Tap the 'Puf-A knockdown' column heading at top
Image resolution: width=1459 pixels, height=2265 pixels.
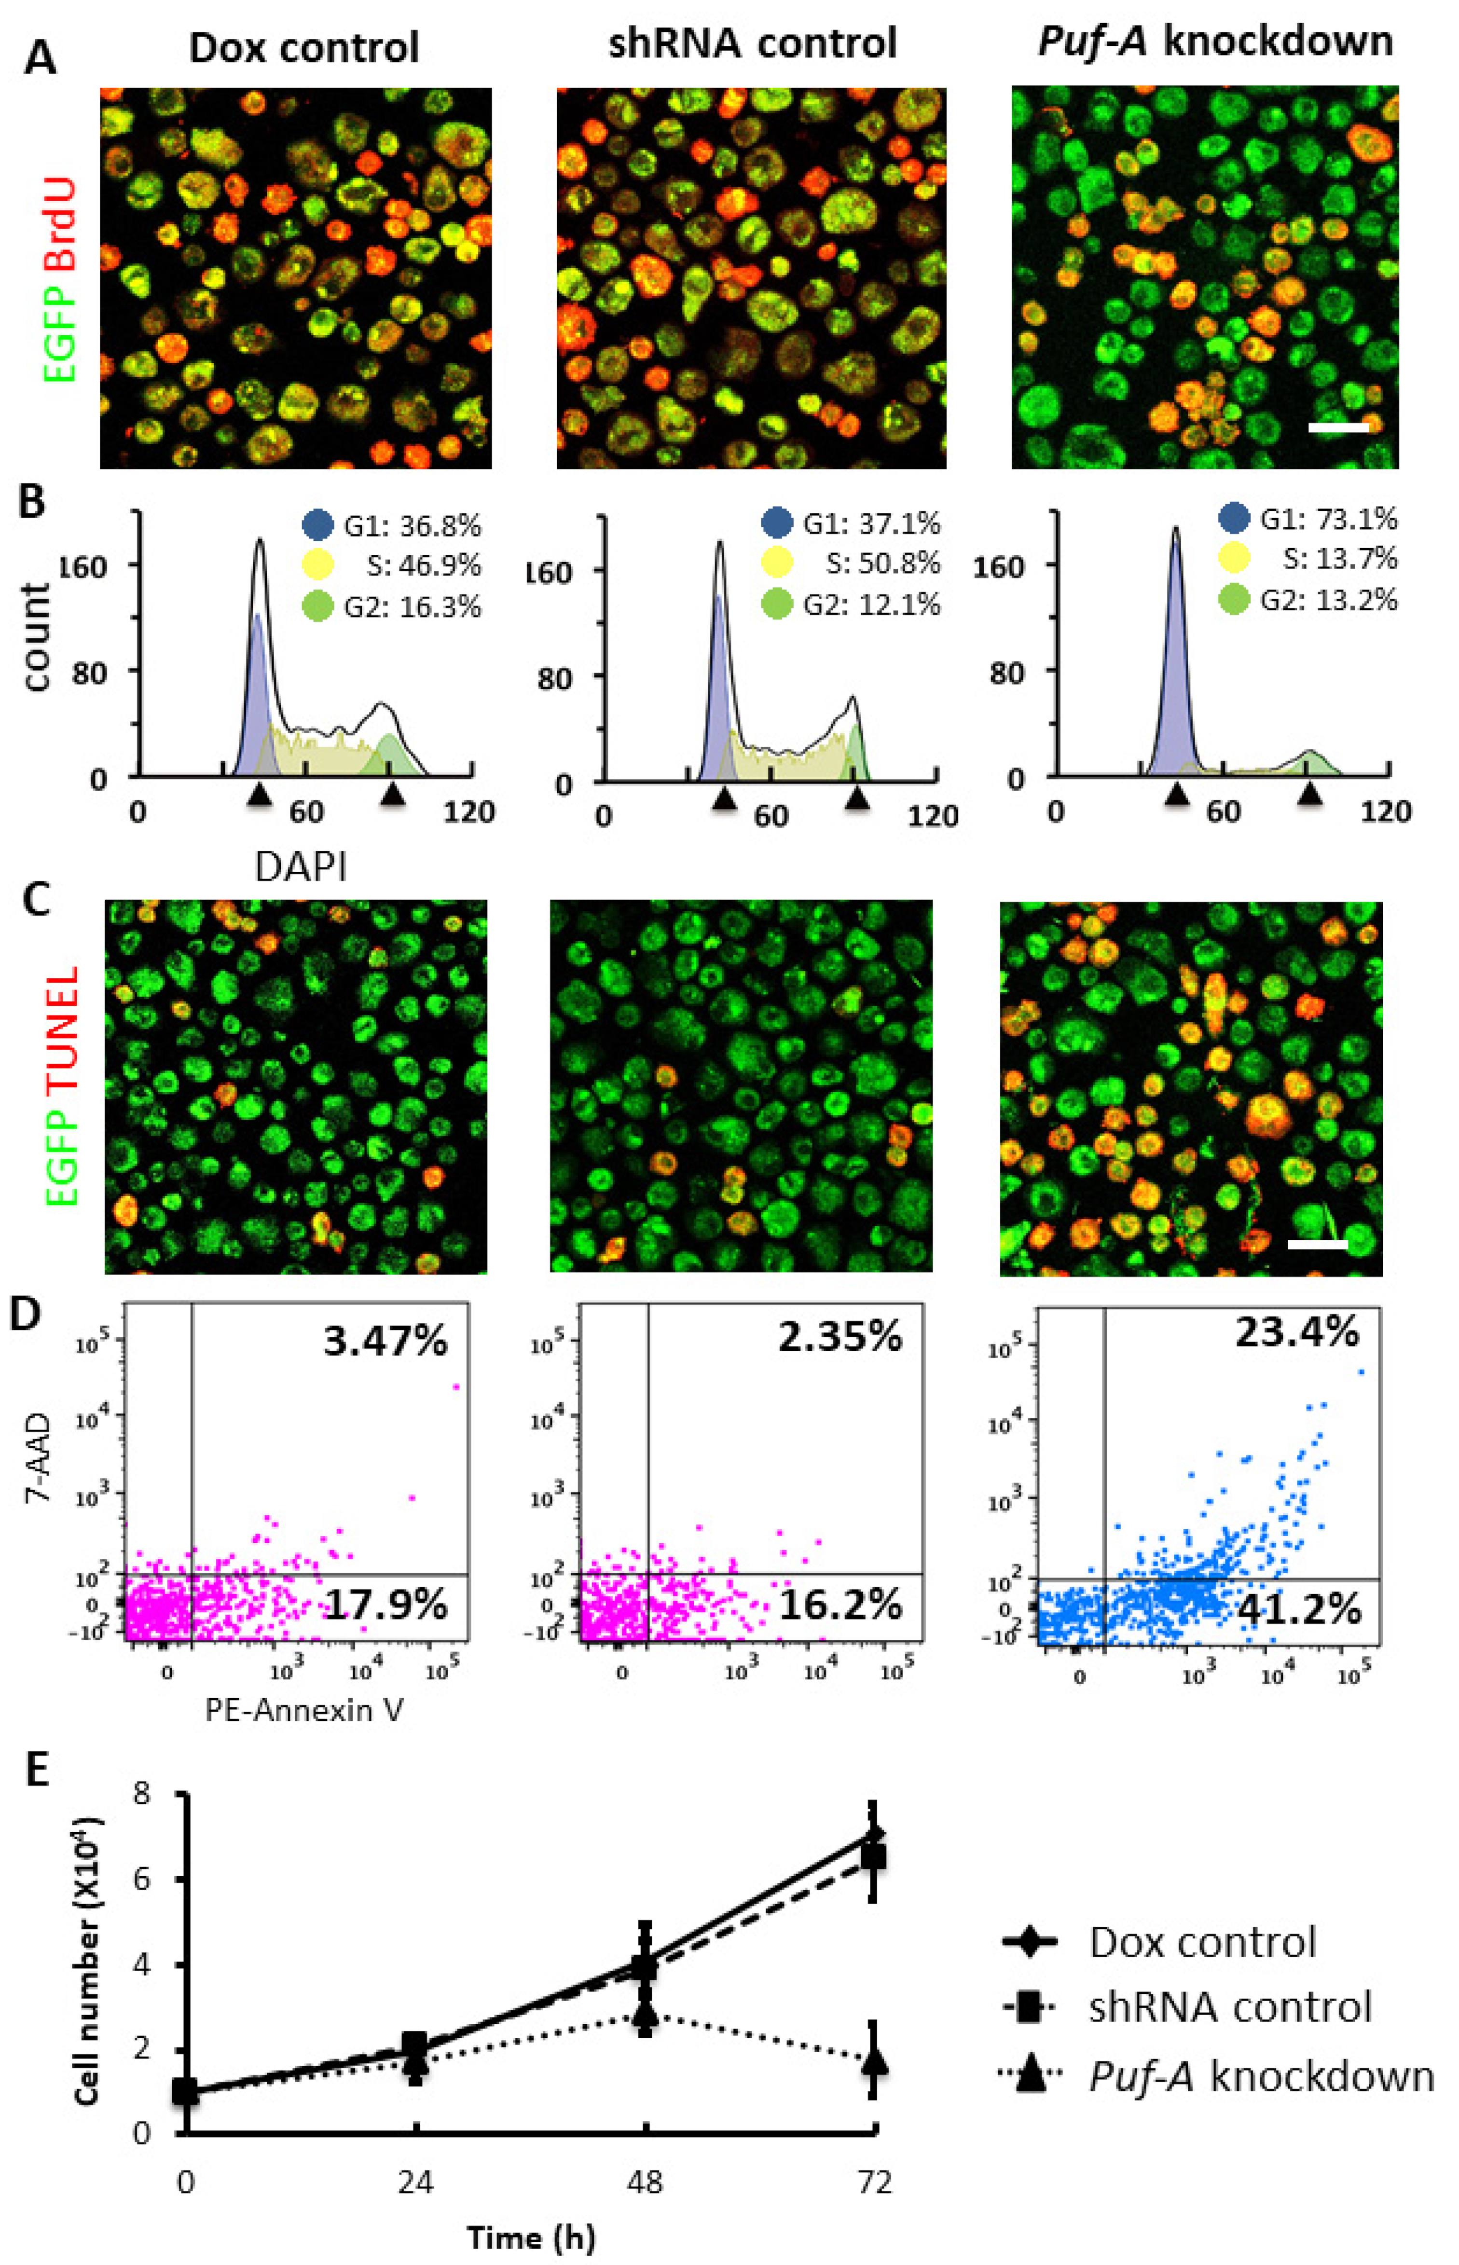pos(1215,41)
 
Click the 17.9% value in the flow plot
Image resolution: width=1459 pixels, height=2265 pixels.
pos(385,1605)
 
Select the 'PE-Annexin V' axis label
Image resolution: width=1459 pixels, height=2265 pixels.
pos(304,1710)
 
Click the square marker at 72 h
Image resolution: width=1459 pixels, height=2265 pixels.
pos(873,1857)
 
